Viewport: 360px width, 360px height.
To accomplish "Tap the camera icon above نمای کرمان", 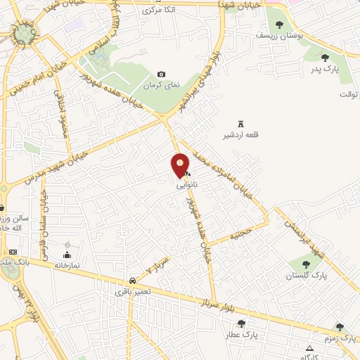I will pyautogui.click(x=162, y=75).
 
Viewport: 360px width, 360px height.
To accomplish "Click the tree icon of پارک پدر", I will pyautogui.click(x=325, y=58).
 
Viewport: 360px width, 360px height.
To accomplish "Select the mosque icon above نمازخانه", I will pyautogui.click(x=67, y=255).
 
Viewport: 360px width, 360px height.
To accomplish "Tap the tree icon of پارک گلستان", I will pyautogui.click(x=305, y=264).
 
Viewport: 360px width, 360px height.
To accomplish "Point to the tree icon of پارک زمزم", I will pyautogui.click(x=340, y=327).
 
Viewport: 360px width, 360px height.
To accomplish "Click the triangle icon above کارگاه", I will pyautogui.click(x=309, y=348).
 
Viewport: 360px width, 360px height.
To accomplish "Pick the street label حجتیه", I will pyautogui.click(x=242, y=231).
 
